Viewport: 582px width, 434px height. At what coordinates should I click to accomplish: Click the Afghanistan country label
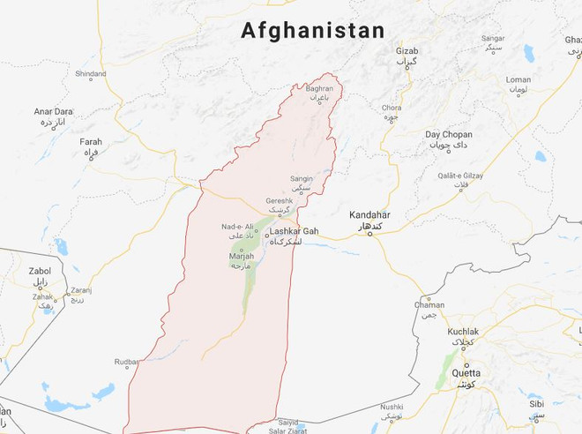coord(313,31)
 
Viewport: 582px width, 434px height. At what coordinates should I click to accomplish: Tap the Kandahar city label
coord(369,215)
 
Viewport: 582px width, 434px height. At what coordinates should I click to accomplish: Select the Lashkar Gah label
coord(294,231)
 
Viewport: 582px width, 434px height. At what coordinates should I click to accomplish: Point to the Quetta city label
coord(466,372)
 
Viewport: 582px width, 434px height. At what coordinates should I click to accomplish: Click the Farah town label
coord(91,141)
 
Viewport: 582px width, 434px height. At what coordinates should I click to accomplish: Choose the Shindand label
coord(90,74)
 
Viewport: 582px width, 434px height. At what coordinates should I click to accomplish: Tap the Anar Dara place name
coord(53,112)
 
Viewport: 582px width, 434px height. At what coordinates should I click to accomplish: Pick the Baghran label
coord(319,89)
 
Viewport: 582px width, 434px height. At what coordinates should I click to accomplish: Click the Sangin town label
coord(302,179)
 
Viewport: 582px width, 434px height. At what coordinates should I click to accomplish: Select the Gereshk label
coord(280,201)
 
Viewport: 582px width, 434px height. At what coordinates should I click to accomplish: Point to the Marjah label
coord(241,257)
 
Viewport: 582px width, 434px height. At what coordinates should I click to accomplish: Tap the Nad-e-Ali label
coord(238,227)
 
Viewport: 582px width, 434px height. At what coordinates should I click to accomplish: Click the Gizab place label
coord(407,51)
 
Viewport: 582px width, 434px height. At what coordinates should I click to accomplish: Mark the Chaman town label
coord(429,304)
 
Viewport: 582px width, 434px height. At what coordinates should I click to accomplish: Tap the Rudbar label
coord(126,362)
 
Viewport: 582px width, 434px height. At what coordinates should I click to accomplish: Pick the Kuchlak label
coord(463,332)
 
